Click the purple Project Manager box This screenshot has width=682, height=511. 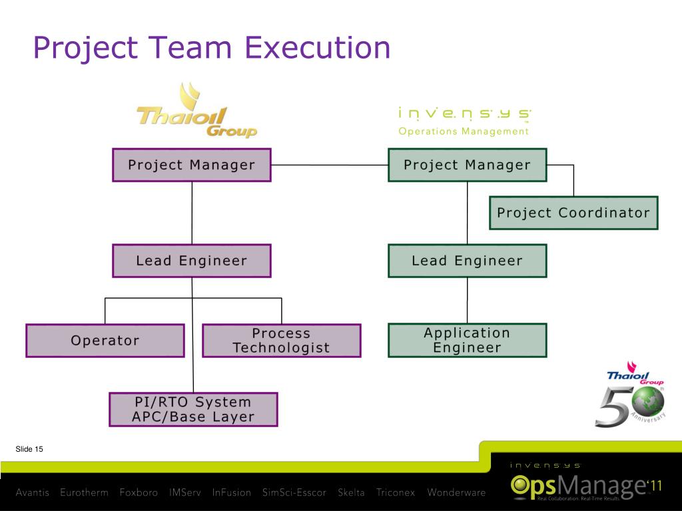tap(192, 165)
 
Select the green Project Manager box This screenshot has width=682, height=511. tap(467, 165)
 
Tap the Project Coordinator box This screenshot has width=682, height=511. tap(573, 213)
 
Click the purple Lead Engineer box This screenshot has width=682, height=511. tap(192, 261)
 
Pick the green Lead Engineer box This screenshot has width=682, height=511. tap(467, 261)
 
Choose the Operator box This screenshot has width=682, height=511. tap(105, 341)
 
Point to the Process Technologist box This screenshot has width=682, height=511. tap(281, 341)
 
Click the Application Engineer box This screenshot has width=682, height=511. tap(467, 341)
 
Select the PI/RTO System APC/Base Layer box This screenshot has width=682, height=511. tap(193, 410)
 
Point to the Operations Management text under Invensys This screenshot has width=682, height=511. tap(464, 131)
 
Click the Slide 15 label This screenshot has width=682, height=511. tap(29, 450)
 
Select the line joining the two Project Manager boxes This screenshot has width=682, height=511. tap(329, 165)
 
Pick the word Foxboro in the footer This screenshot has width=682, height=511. tap(139, 493)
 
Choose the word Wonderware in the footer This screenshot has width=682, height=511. tap(456, 493)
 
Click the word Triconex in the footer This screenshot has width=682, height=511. tap(396, 493)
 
